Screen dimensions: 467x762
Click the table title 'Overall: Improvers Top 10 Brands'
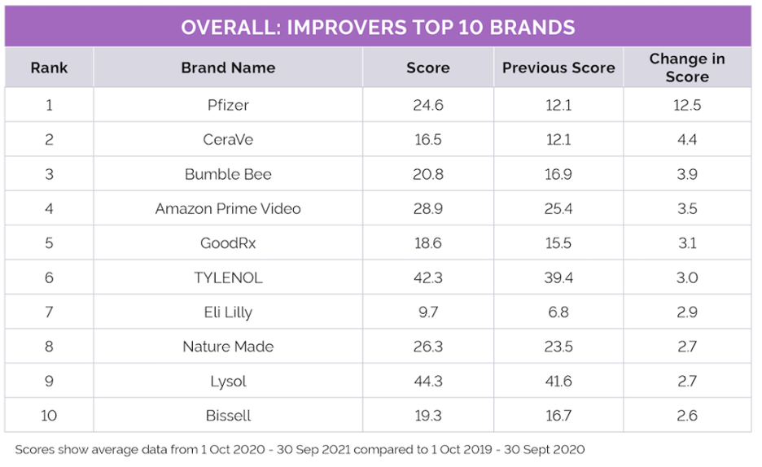pyautogui.click(x=378, y=27)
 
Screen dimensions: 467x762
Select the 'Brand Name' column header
pyautogui.click(x=228, y=68)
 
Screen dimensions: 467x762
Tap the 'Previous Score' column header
pyautogui.click(x=558, y=68)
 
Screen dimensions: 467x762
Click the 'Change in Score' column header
pyautogui.click(x=687, y=68)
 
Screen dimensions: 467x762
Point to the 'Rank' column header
pyautogui.click(x=49, y=68)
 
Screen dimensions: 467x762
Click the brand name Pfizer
pyautogui.click(x=228, y=105)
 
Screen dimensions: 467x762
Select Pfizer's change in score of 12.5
pyautogui.click(x=687, y=105)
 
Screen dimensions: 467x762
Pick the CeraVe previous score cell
pyautogui.click(x=558, y=140)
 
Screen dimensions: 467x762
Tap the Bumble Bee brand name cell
pyautogui.click(x=228, y=174)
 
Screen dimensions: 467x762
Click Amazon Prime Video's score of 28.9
pyautogui.click(x=427, y=209)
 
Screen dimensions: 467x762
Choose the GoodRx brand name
pyautogui.click(x=228, y=243)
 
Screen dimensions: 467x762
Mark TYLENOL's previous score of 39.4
pyautogui.click(x=558, y=278)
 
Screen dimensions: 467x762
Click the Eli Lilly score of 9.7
pyautogui.click(x=427, y=312)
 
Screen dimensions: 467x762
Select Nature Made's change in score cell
pyautogui.click(x=687, y=347)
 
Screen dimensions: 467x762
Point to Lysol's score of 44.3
pyautogui.click(x=427, y=382)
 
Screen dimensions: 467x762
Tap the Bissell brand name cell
pyautogui.click(x=228, y=416)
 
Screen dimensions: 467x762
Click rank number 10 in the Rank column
pyautogui.click(x=49, y=416)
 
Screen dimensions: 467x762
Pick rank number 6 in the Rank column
pyautogui.click(x=49, y=278)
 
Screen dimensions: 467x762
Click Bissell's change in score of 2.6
pyautogui.click(x=687, y=416)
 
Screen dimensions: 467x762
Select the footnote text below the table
pyautogui.click(x=300, y=449)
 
